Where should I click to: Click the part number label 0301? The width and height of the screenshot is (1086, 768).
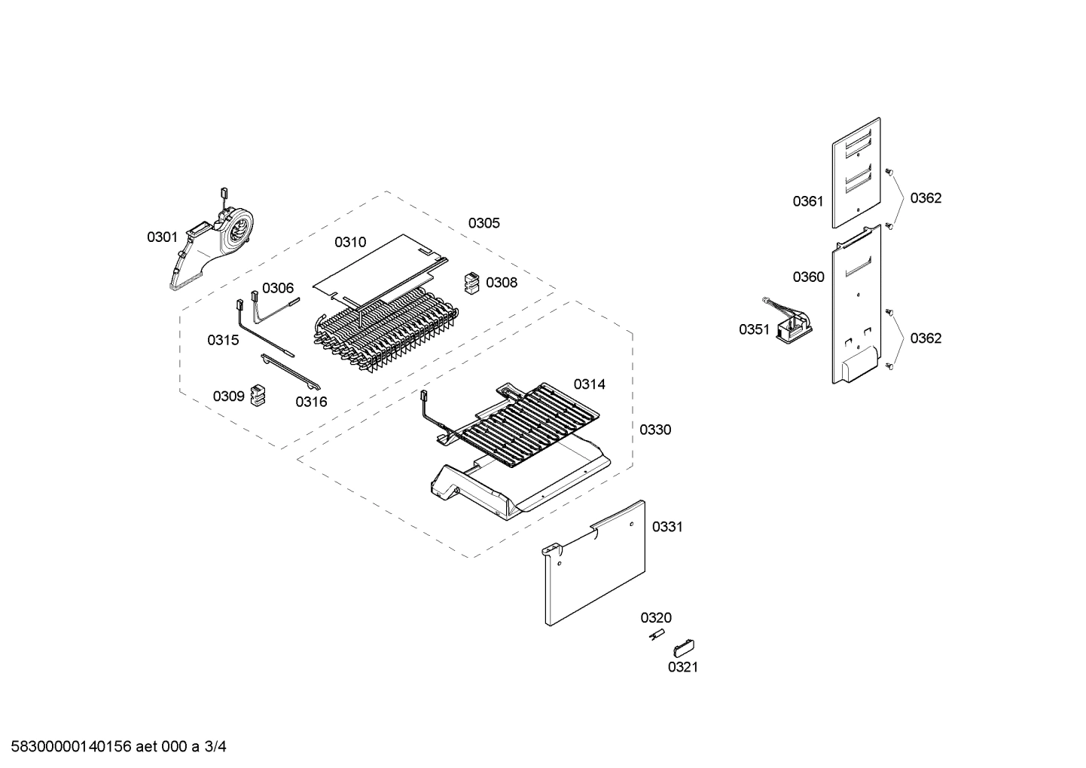click(x=162, y=237)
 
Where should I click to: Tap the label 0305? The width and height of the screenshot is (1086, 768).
click(x=484, y=223)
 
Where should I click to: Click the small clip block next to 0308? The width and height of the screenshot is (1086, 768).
click(x=471, y=283)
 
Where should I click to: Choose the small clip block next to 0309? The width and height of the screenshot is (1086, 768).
click(x=258, y=394)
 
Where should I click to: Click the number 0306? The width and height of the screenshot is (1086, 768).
click(x=278, y=288)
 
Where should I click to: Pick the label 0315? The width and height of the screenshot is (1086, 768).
click(x=223, y=340)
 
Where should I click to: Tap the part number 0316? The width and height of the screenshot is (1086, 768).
click(x=311, y=402)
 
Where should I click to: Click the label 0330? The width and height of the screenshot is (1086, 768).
click(x=655, y=430)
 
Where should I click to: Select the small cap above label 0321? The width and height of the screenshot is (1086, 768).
click(x=684, y=647)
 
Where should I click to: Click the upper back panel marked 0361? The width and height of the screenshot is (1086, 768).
click(x=856, y=173)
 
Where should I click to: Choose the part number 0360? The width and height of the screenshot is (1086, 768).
click(x=808, y=277)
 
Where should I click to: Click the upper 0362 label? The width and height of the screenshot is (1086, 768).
click(x=926, y=198)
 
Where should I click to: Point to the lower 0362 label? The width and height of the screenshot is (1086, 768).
click(x=926, y=338)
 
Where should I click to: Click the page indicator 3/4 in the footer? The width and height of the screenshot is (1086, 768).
click(x=215, y=747)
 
